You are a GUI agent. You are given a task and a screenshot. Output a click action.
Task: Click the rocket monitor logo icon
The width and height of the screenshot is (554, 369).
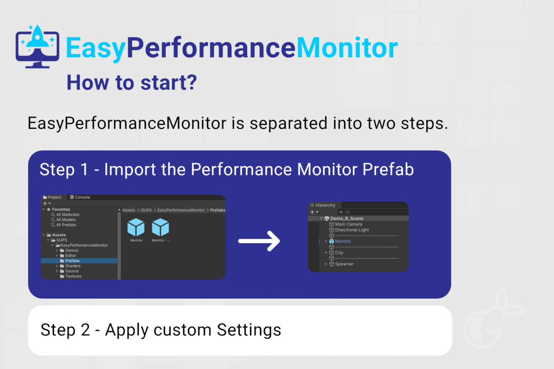[x=37, y=47]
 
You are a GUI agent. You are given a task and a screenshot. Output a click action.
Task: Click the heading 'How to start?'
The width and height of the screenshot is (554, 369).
[x=132, y=83]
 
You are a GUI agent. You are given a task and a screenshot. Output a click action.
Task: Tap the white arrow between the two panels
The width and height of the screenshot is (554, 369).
[x=259, y=241]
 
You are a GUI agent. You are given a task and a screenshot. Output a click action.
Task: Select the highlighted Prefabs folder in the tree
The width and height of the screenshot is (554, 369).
[x=72, y=261]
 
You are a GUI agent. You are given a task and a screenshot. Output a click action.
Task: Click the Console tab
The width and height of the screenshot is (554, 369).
[x=80, y=197]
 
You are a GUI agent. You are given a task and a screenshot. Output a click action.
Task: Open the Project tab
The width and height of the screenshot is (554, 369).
[x=52, y=197]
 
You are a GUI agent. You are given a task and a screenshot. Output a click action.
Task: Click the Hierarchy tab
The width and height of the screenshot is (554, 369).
[x=323, y=205]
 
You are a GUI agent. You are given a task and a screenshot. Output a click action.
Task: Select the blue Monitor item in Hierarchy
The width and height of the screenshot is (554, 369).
[x=343, y=241]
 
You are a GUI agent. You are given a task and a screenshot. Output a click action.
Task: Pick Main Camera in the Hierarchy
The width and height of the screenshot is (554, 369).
[x=349, y=224]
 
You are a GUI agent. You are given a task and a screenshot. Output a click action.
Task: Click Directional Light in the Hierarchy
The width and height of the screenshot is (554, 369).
[x=352, y=230]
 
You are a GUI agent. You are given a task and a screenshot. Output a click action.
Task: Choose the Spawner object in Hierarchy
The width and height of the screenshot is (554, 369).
[x=344, y=264]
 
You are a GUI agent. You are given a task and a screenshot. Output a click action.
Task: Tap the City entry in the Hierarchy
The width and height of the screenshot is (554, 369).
[x=339, y=253]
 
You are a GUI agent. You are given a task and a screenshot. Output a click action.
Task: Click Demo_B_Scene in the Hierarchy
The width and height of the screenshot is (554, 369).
[x=347, y=219]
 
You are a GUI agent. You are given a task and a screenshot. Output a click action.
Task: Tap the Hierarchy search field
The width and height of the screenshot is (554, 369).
[x=373, y=212]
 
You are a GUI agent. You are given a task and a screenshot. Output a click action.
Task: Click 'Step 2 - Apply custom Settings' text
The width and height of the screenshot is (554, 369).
[x=161, y=330]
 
